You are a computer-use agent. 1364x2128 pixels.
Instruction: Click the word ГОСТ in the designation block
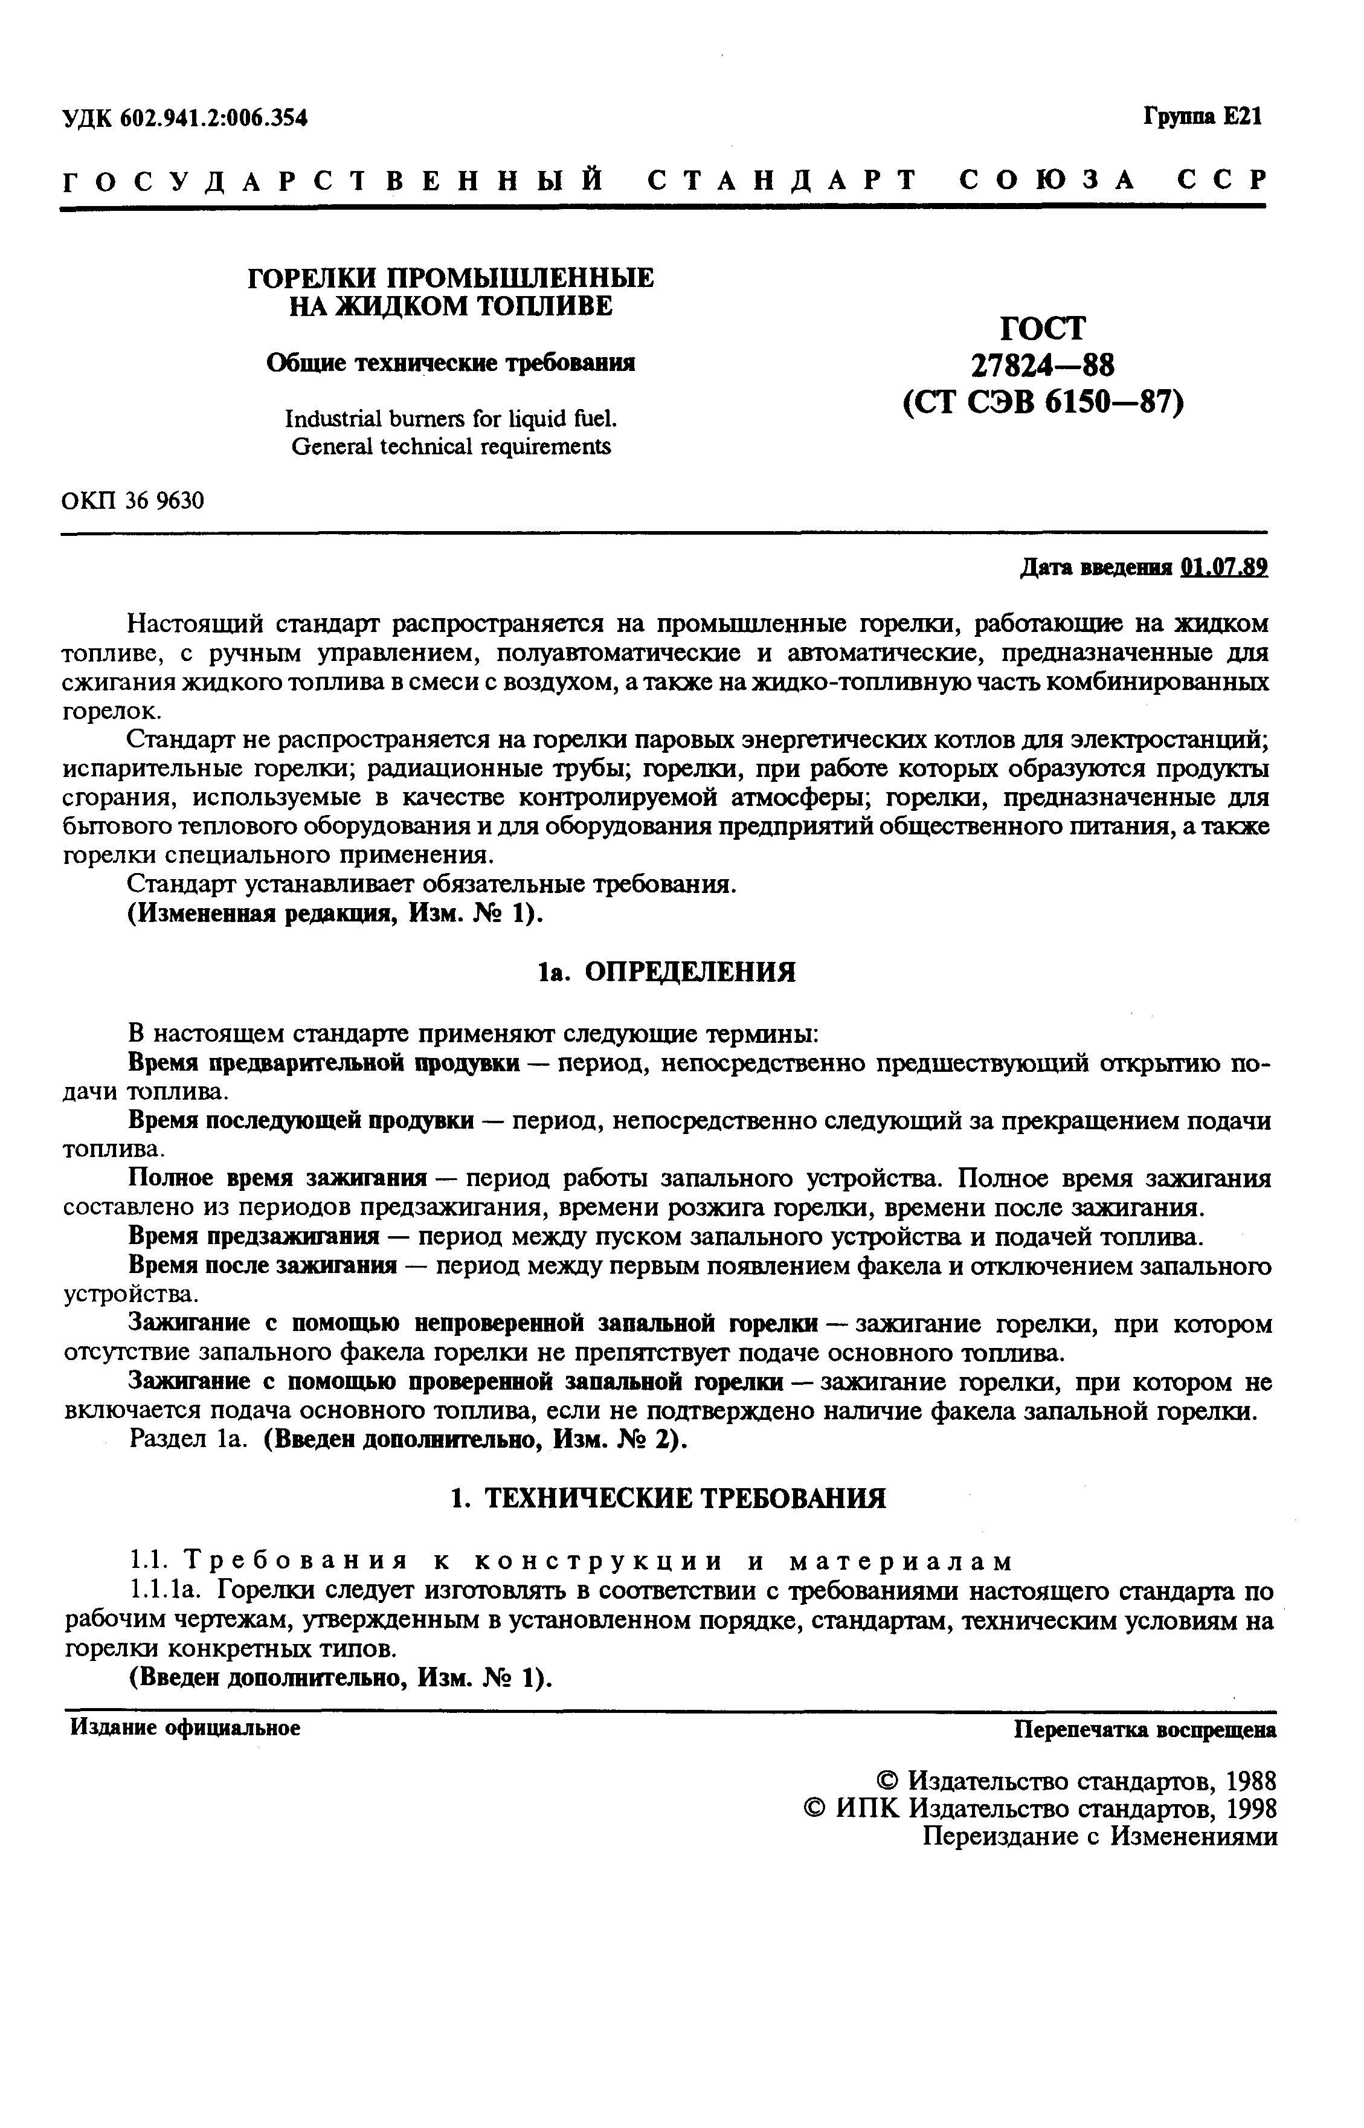[x=1043, y=329]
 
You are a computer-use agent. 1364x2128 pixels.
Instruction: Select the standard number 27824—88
[x=1043, y=365]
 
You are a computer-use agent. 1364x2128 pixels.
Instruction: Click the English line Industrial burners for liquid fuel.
[x=451, y=418]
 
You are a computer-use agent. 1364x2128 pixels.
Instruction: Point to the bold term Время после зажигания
[x=262, y=1265]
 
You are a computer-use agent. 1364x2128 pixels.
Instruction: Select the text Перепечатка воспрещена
[x=1144, y=1729]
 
